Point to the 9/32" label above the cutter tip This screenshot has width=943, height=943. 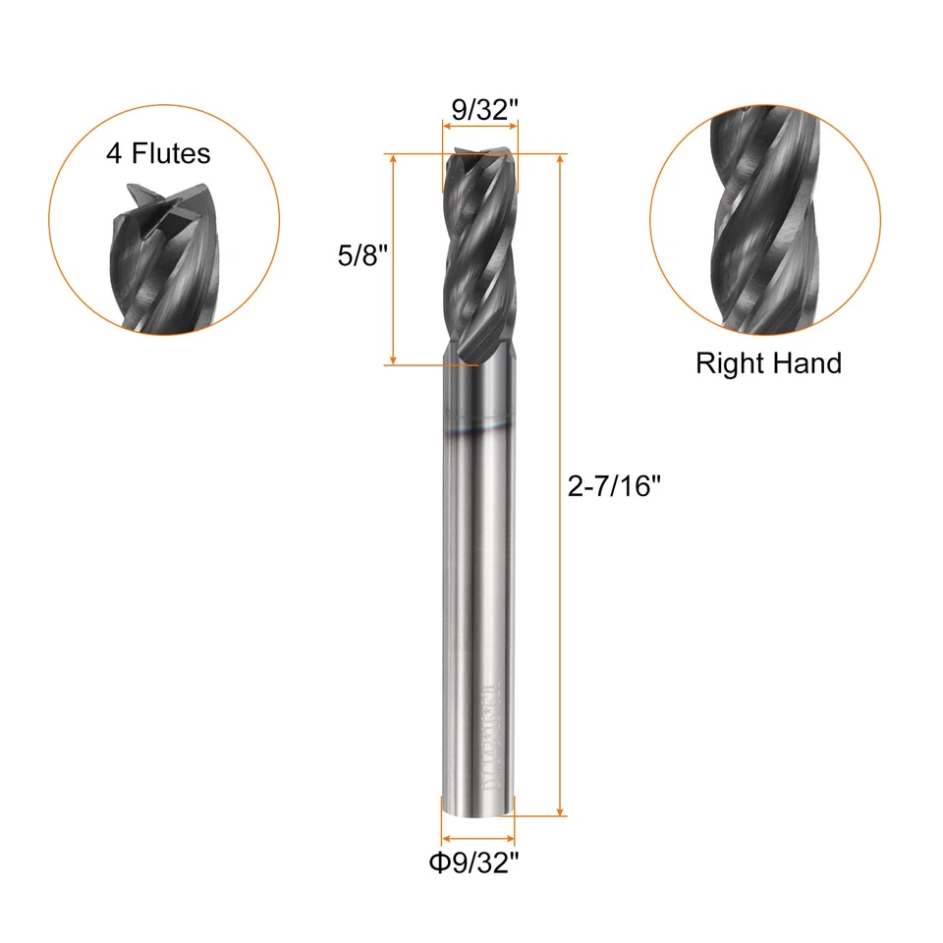coord(480,109)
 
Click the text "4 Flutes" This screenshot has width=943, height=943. coord(158,153)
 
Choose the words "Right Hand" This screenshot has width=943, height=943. coord(768,363)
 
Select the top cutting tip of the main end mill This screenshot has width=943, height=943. coord(480,158)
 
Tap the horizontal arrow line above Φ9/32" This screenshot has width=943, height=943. coord(478,840)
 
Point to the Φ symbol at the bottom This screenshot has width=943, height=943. coord(437,864)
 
